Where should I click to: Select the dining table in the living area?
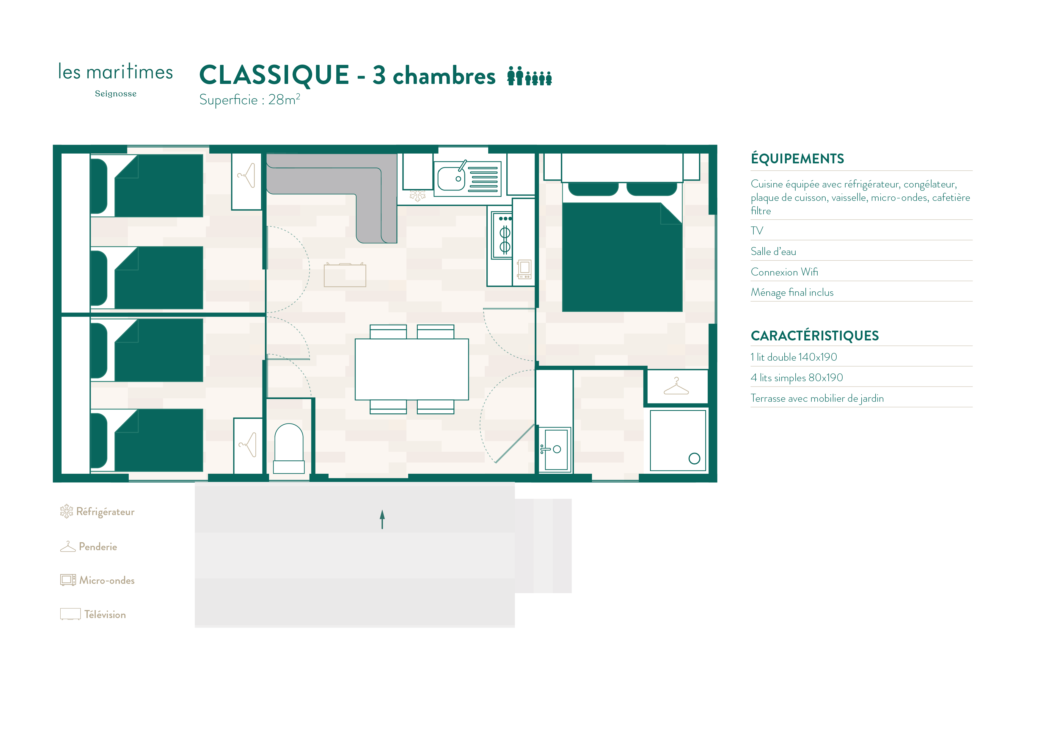click(411, 369)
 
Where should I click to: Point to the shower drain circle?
click(694, 458)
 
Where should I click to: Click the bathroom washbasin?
click(555, 449)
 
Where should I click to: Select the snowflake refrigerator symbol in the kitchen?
click(417, 196)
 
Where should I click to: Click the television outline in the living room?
click(345, 275)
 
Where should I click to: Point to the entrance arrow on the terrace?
click(382, 519)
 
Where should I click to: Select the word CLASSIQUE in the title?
click(274, 75)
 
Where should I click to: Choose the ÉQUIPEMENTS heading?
click(797, 158)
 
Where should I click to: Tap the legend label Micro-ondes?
click(107, 580)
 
